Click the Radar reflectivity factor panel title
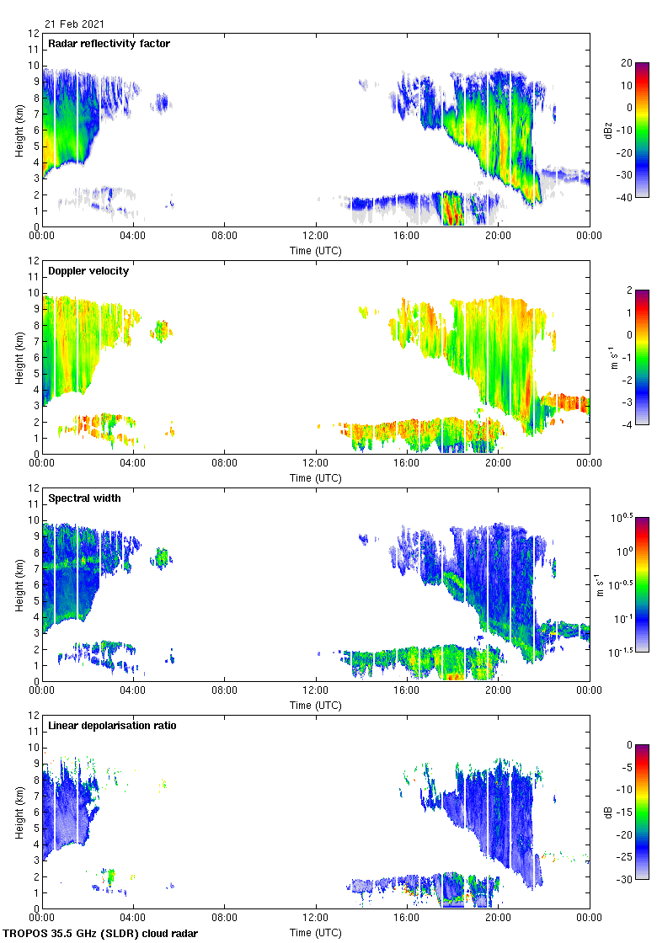[109, 44]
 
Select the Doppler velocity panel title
[88, 271]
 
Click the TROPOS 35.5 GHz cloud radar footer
[101, 934]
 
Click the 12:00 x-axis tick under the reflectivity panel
[316, 237]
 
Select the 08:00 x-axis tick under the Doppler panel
[225, 464]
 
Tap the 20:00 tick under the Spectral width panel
[498, 691]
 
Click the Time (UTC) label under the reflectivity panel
[316, 250]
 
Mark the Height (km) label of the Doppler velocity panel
[19, 357]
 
